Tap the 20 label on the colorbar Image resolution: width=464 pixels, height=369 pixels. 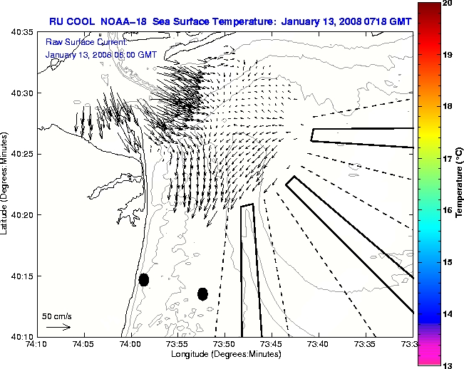point(448,4)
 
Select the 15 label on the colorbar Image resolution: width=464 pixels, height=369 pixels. point(448,263)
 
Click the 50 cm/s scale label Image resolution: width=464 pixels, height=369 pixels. point(56,316)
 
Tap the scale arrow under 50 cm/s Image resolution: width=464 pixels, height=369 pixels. point(58,327)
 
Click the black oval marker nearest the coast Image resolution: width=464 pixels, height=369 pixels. point(144,279)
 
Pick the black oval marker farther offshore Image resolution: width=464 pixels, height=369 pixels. point(202,293)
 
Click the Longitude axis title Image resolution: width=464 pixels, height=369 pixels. point(225,354)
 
